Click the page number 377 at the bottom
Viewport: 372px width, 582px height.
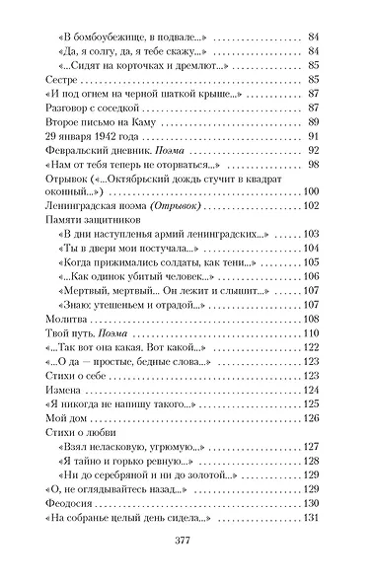click(186, 542)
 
